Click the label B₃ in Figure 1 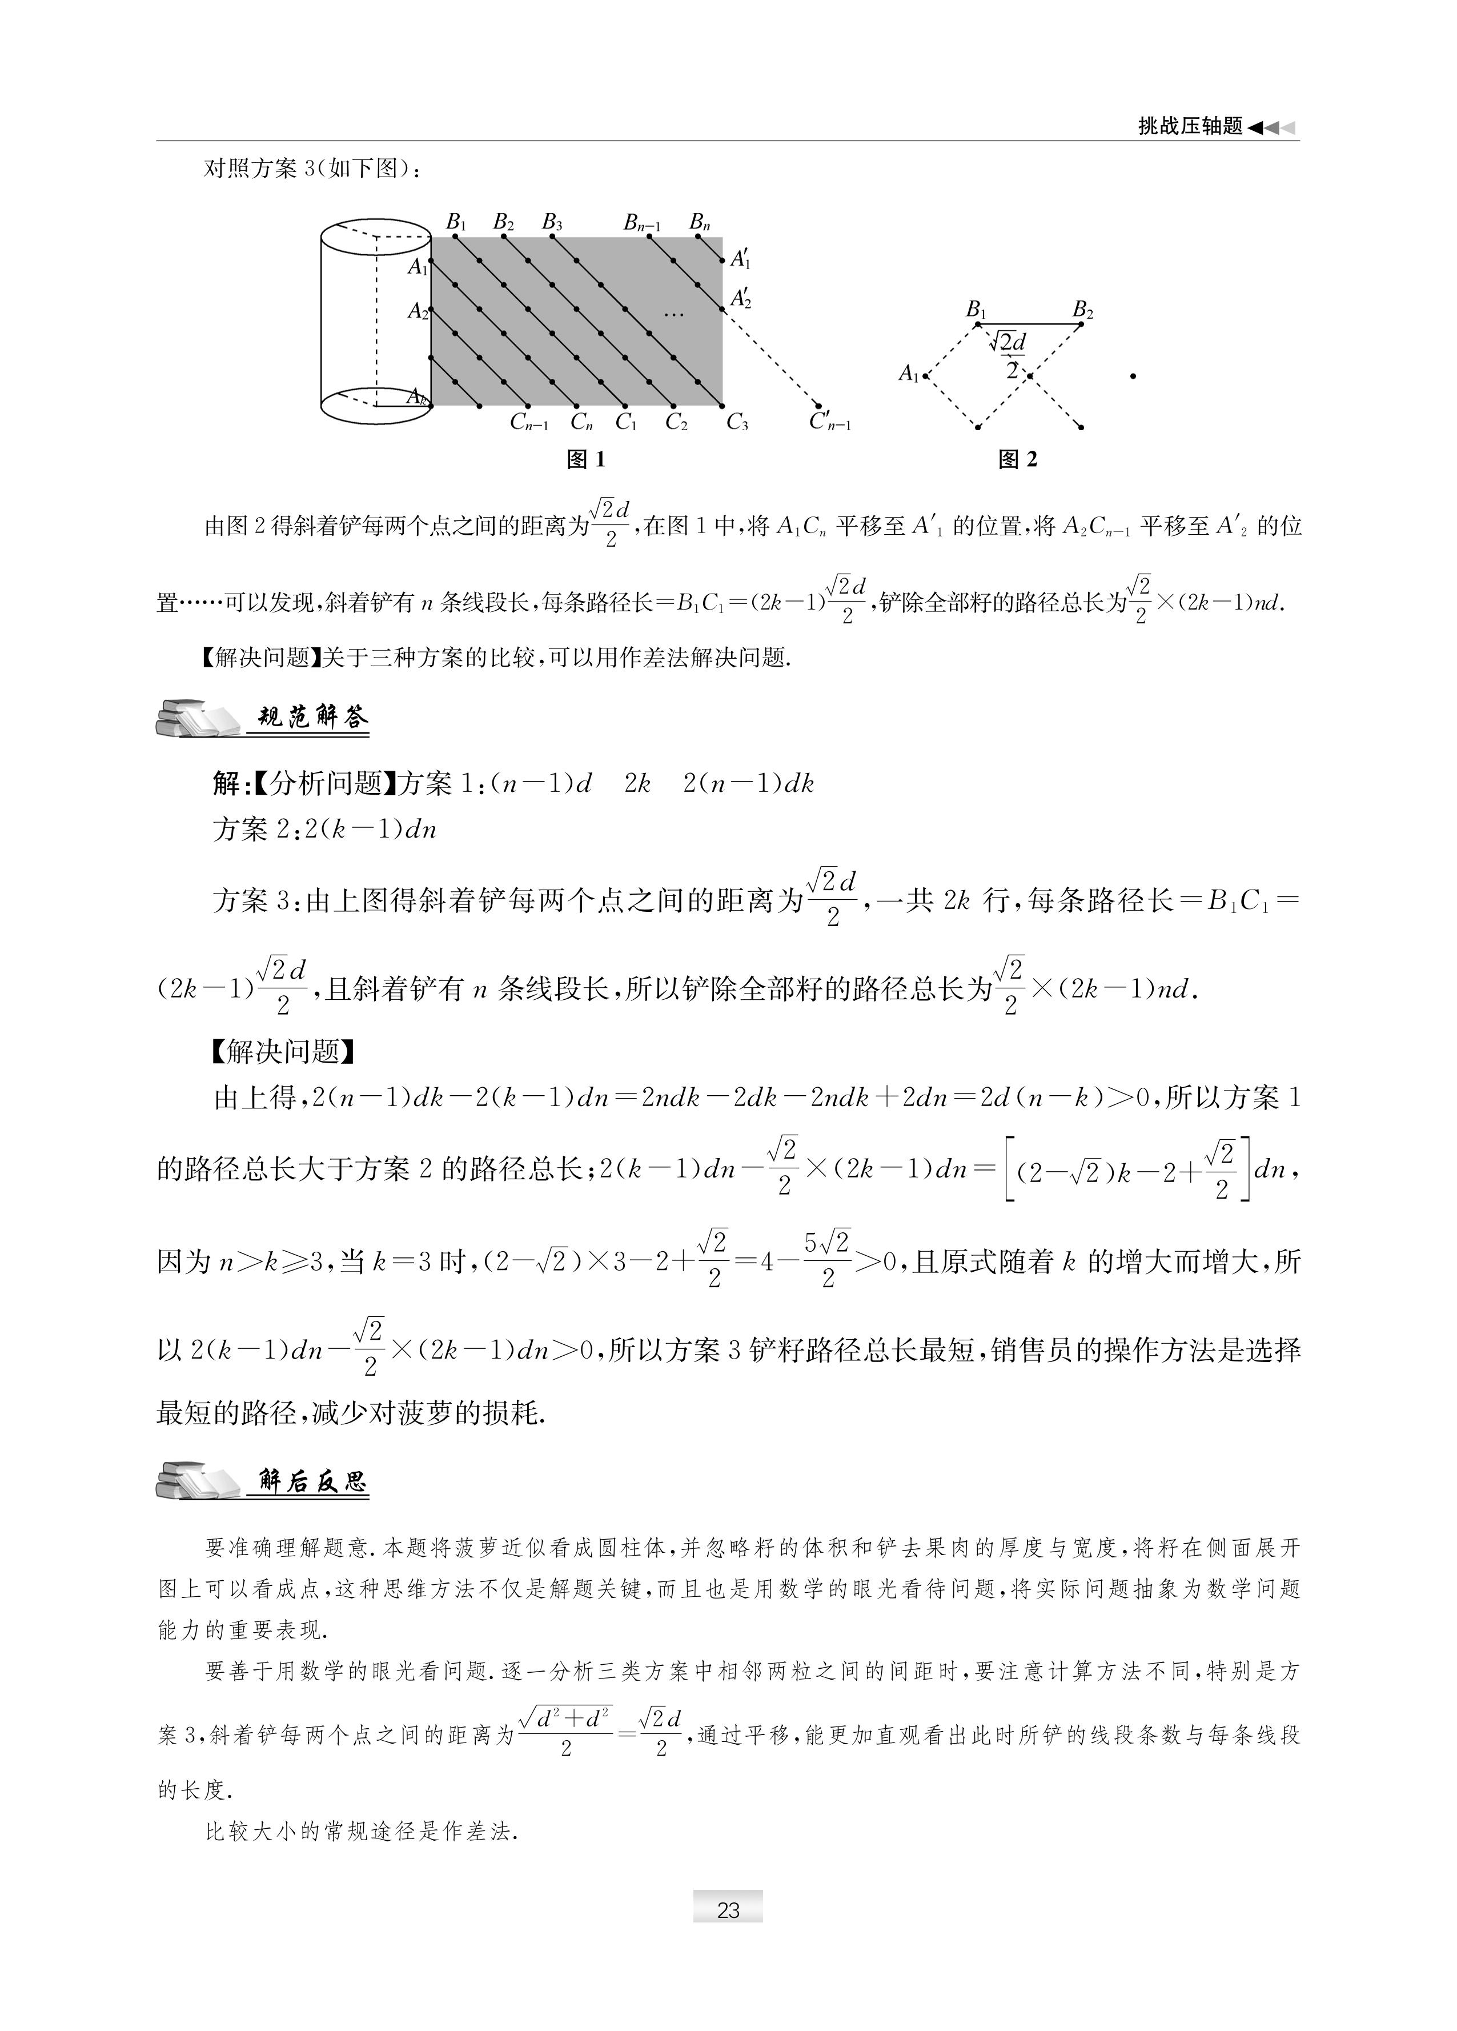coord(552,223)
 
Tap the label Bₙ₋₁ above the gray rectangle coord(642,223)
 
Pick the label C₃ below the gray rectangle coord(737,422)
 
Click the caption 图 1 coord(587,459)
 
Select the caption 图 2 coord(1018,459)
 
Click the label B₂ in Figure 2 coord(1083,311)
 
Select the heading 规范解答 coord(312,718)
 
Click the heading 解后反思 coord(312,1481)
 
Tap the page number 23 coord(728,1910)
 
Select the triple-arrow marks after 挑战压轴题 coord(1271,128)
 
